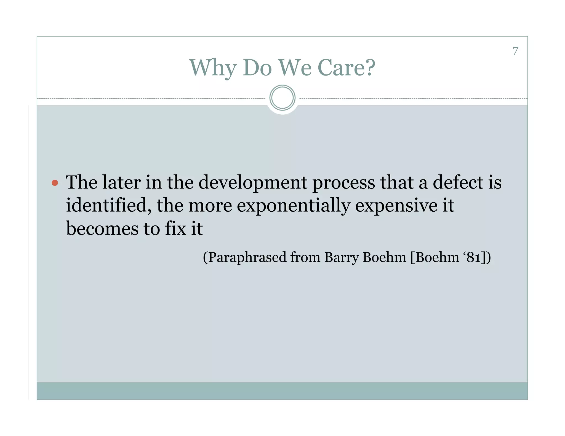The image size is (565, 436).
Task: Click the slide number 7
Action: (x=515, y=51)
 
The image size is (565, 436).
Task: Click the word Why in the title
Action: (x=213, y=68)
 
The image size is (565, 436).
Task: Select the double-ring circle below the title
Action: (x=282, y=98)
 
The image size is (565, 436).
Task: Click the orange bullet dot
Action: (x=55, y=183)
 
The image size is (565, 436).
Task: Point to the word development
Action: (x=253, y=182)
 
